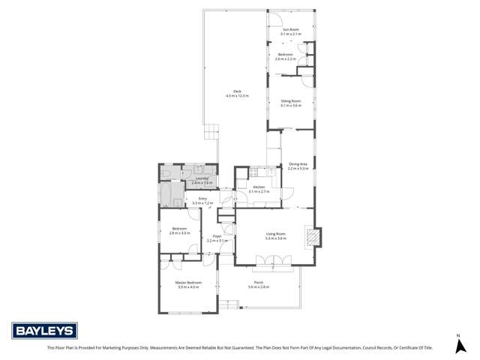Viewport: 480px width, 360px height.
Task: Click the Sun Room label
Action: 290,29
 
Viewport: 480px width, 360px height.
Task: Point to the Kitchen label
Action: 259,187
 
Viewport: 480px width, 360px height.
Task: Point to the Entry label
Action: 202,198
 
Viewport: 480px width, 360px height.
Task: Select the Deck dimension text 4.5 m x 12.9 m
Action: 237,96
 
